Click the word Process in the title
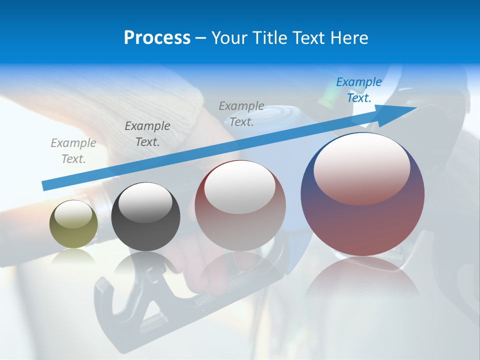(x=157, y=38)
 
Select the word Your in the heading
(x=229, y=38)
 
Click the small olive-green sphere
(x=73, y=224)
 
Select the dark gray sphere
(x=145, y=217)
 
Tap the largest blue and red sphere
(x=362, y=195)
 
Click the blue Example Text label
(x=358, y=90)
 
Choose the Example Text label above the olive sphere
(x=73, y=151)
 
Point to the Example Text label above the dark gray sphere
(x=147, y=134)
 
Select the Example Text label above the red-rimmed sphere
(x=241, y=113)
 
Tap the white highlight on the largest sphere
(x=361, y=167)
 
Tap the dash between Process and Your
(x=201, y=38)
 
